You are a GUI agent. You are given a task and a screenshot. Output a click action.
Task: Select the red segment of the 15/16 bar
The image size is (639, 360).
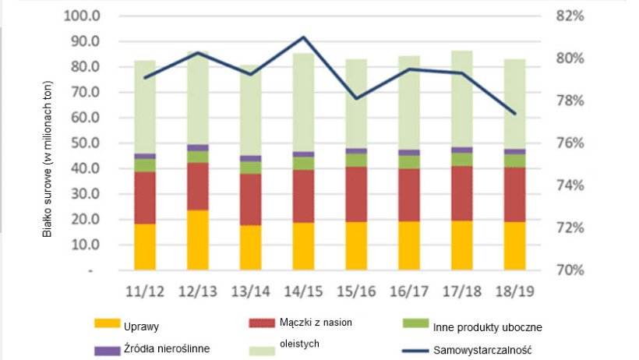coord(356,194)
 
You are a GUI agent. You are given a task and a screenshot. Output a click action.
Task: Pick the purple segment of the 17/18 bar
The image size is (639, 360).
coord(461,150)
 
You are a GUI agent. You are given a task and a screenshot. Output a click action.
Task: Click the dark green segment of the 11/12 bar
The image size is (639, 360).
coord(145,165)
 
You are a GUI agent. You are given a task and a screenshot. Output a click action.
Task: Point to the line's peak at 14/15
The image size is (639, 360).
coord(303,37)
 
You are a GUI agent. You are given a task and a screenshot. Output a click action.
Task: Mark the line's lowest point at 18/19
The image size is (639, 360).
coord(514,114)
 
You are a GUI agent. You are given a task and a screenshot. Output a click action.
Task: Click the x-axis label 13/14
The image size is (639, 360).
coord(250,291)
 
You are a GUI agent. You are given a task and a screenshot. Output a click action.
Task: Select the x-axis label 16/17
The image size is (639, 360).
coord(409,291)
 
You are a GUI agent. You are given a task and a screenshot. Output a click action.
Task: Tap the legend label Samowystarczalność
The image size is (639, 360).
coord(489,351)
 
